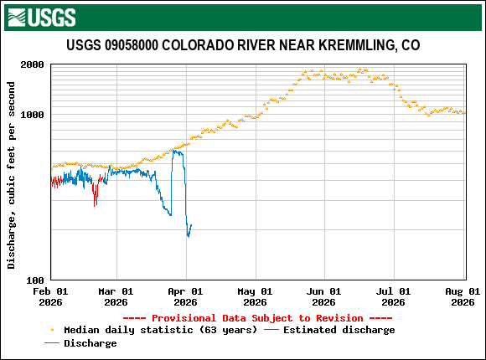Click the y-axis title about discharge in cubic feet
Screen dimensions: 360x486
click(11, 175)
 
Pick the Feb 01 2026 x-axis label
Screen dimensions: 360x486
click(49, 296)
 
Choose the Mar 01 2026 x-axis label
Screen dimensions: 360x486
click(116, 296)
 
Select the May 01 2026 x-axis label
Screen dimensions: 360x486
click(254, 296)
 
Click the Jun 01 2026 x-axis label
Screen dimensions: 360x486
click(323, 296)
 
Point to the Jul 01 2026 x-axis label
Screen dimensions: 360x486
click(392, 296)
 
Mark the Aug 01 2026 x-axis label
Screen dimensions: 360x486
click(462, 296)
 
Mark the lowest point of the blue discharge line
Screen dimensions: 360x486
click(188, 237)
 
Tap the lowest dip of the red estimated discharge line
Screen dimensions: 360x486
click(95, 205)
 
